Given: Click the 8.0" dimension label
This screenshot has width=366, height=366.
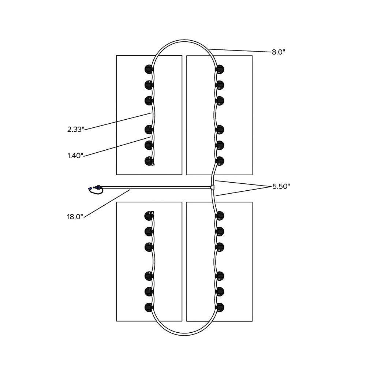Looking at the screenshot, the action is (279, 52).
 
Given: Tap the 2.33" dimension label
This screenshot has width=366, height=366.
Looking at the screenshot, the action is (75, 129).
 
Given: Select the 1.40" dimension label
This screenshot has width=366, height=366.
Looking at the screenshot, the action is (75, 156).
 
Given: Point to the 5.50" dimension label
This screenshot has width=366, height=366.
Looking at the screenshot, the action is (281, 187).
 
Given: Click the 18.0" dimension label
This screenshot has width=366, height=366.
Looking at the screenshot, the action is (75, 217).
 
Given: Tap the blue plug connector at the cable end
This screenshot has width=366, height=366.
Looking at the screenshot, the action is (90, 188).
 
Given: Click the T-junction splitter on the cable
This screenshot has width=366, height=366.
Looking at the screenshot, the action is (212, 187).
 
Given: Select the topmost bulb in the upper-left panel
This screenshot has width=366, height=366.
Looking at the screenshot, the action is (149, 69).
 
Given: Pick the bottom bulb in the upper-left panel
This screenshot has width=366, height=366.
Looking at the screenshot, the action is (149, 161).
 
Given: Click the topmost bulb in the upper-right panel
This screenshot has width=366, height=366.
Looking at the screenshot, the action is (220, 69).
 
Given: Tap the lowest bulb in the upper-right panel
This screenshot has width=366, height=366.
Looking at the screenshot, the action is (220, 161).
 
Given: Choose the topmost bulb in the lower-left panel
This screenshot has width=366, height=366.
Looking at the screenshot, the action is (149, 216).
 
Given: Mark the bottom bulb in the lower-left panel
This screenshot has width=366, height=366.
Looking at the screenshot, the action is (149, 307).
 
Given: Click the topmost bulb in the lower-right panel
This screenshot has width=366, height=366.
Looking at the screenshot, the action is (220, 216).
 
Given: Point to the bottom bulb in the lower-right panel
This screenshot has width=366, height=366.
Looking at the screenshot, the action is (220, 307).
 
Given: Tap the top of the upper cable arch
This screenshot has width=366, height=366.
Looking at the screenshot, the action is (184, 41).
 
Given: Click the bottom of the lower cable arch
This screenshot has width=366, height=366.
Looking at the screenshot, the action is (184, 335).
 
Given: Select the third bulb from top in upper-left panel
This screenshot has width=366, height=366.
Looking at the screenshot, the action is (149, 101).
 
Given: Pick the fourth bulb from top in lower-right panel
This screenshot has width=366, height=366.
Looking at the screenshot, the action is (220, 276).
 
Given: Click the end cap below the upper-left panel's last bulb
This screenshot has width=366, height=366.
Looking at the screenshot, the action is (153, 164).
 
